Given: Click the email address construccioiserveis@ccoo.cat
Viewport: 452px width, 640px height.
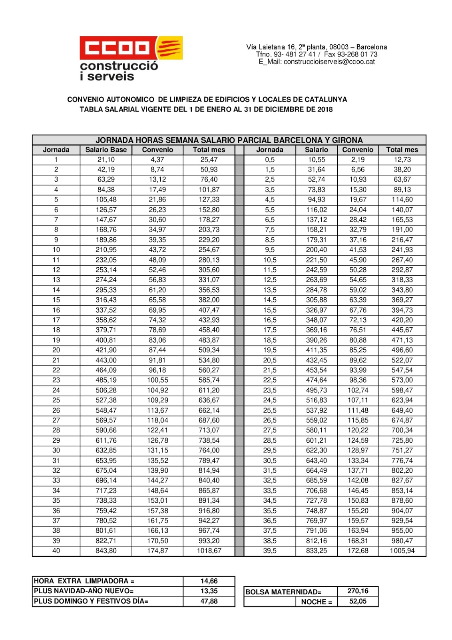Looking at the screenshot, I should click(329, 62).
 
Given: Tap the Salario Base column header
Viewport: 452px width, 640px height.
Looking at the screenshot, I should click(106, 150).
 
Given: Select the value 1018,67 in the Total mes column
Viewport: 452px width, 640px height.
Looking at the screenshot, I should click(209, 551).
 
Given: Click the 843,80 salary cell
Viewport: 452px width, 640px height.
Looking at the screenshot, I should click(106, 551).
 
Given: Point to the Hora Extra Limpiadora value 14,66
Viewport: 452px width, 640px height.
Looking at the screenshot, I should click(209, 581).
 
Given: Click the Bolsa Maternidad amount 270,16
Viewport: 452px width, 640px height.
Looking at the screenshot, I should click(358, 591).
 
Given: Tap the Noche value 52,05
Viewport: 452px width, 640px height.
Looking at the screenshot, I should click(358, 601).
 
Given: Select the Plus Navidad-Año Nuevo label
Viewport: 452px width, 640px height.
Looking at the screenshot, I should click(84, 591).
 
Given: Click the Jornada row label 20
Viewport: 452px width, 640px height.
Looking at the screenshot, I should click(56, 350).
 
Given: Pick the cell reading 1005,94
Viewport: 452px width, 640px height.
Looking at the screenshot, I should click(402, 551).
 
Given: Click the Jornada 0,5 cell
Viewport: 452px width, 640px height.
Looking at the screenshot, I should click(270, 160).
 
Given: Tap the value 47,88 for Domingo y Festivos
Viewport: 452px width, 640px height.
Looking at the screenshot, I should click(209, 601).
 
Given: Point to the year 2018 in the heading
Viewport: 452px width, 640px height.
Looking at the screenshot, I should click(325, 109).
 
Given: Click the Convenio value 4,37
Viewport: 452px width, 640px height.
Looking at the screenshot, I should click(157, 160).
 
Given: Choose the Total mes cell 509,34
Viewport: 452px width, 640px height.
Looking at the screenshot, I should click(209, 350).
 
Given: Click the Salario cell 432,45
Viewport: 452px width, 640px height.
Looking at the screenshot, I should click(316, 360).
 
